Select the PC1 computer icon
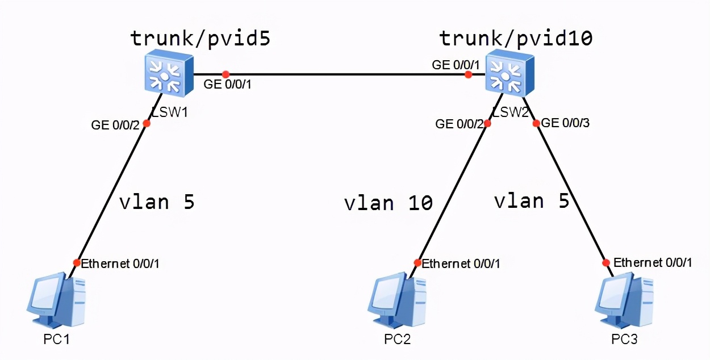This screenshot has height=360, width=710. point(55,301)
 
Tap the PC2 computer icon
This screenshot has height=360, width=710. point(396,301)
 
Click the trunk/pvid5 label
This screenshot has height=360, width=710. point(201,38)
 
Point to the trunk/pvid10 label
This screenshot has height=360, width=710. point(516,38)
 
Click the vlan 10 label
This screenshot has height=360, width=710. point(389,203)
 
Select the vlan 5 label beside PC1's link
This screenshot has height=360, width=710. point(157,202)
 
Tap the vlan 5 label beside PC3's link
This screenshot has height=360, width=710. point(532,200)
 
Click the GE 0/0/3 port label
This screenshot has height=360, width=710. point(566,123)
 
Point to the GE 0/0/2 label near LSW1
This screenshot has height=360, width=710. point(115,125)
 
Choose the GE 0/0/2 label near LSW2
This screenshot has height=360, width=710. point(459,123)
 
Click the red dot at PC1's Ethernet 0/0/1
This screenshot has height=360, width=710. point(77,262)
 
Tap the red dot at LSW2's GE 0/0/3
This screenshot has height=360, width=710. point(536,123)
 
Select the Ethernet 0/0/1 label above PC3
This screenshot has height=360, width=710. point(653,262)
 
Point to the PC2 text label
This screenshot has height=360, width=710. point(397,340)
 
